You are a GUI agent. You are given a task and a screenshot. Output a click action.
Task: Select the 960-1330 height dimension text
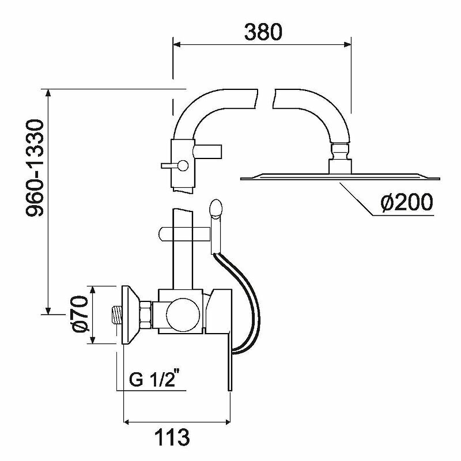(x=35, y=168)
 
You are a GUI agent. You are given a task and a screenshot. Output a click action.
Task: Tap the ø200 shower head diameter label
(x=407, y=202)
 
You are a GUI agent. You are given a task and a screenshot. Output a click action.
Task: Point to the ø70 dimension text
(x=80, y=315)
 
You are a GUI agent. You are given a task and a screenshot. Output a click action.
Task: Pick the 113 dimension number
(x=172, y=437)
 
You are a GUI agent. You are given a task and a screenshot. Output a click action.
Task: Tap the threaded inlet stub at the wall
(x=117, y=315)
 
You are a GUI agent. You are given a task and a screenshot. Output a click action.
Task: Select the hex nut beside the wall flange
(x=146, y=315)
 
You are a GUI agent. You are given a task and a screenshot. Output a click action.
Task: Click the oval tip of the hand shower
(x=216, y=209)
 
